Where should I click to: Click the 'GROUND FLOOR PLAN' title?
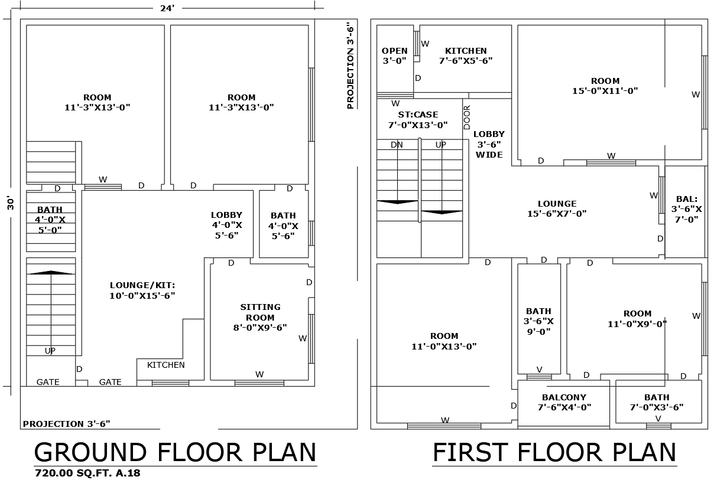[x=176, y=452]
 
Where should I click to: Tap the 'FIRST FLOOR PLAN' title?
[x=554, y=452]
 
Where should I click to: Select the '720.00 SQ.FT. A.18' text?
[x=87, y=473]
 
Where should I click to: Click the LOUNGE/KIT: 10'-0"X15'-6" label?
[x=142, y=290]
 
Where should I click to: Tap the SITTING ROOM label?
[x=260, y=317]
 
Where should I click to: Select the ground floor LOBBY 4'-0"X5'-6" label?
[x=226, y=225]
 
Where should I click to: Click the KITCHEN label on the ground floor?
[x=166, y=365]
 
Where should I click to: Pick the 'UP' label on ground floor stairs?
[x=50, y=351]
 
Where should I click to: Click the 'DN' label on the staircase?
[x=397, y=145]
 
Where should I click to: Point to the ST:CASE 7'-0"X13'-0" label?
[x=417, y=120]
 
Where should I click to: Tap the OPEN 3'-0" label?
[x=394, y=55]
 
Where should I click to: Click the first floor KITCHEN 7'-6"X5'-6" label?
[x=466, y=55]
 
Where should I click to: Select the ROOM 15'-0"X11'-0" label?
[x=605, y=86]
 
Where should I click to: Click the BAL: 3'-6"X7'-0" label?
[x=686, y=209]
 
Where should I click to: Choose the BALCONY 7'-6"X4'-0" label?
[x=564, y=402]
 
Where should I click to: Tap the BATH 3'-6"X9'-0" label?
[x=538, y=321]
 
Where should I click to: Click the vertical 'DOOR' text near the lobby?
[x=467, y=117]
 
